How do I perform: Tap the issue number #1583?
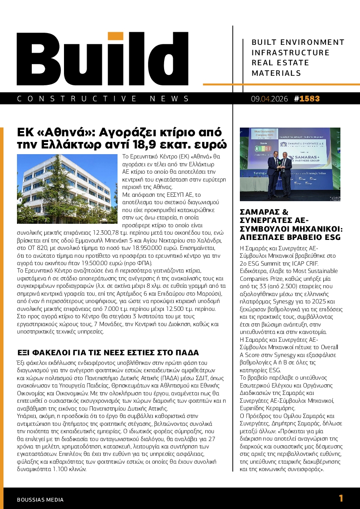pos(307,99)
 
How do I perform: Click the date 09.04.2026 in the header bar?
pos(269,99)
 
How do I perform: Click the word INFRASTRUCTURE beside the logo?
pos(291,53)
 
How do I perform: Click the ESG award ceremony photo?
pos(290,165)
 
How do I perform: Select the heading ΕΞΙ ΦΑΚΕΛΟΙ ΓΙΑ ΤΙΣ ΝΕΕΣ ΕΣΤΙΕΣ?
pos(108,352)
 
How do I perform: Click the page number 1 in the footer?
pos(341,499)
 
